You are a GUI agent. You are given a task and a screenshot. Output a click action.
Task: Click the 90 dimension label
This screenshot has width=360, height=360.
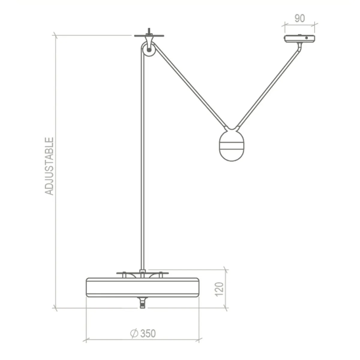299,19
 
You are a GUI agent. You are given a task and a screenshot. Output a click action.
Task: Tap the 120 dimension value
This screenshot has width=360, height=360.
219,289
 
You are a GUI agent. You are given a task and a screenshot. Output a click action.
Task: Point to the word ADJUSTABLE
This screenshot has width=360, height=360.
49,166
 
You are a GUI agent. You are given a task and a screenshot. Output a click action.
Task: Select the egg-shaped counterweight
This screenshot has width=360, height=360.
231,145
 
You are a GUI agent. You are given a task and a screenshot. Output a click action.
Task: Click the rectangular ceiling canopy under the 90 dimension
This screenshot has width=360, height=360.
299,38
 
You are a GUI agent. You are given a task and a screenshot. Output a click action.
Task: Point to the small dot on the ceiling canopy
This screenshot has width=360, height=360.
306,38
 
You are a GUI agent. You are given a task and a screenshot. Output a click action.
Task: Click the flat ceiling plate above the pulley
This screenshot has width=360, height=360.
149,36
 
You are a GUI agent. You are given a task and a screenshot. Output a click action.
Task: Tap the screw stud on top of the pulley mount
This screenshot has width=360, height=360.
149,31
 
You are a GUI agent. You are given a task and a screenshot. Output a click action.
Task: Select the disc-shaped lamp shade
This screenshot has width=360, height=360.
142,287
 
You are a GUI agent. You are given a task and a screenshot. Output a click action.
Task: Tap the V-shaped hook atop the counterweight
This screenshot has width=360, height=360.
231,128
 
